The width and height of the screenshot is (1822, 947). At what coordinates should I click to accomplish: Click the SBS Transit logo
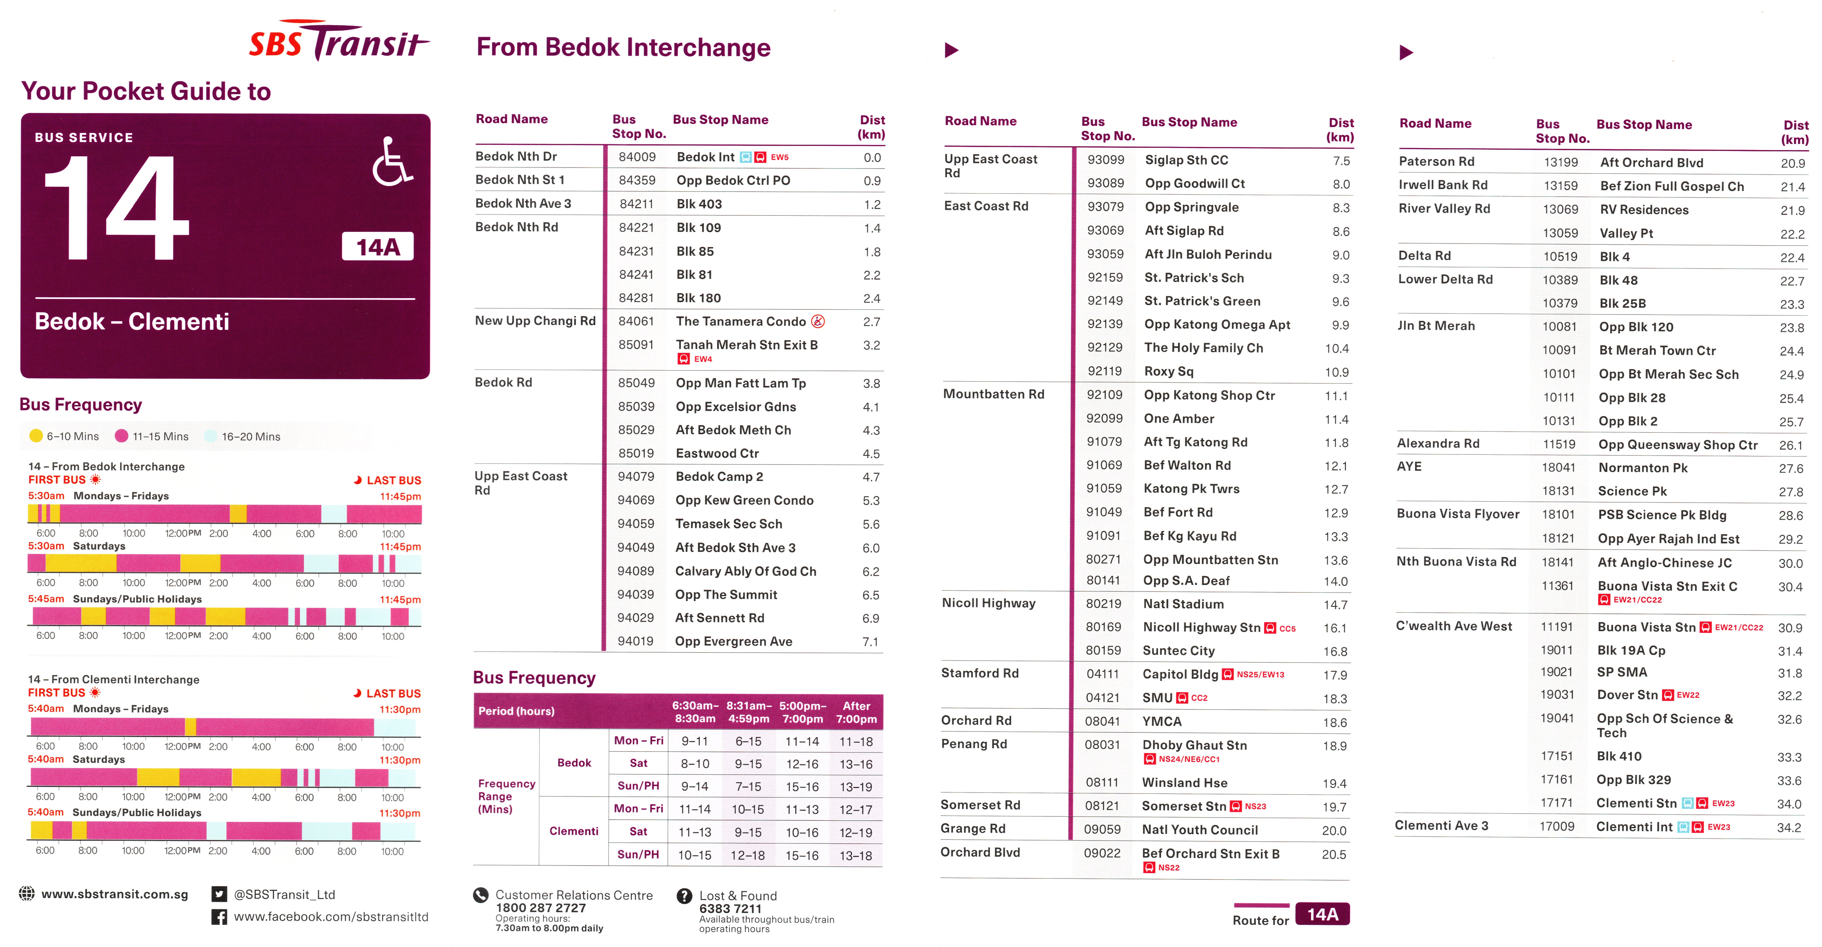[338, 41]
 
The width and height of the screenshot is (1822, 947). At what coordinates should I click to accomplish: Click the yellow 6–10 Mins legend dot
[36, 436]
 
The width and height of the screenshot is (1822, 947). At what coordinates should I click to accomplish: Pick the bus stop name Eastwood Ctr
[717, 453]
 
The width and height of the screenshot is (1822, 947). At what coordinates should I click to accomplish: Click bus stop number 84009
[637, 157]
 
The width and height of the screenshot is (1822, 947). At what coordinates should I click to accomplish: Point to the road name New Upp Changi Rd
[535, 321]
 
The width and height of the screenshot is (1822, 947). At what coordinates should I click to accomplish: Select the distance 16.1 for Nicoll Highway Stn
[1335, 628]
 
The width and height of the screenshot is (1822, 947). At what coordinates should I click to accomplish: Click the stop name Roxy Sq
[1168, 371]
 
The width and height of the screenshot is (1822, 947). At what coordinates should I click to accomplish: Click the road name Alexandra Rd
[1438, 443]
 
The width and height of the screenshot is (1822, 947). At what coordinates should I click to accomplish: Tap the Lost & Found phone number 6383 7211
[730, 908]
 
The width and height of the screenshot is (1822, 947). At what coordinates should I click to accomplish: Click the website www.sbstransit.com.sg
[115, 894]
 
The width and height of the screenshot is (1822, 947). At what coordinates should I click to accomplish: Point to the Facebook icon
[219, 917]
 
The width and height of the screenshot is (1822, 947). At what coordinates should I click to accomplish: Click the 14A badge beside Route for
[1322, 914]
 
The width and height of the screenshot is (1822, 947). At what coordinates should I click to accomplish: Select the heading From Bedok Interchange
[623, 47]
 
